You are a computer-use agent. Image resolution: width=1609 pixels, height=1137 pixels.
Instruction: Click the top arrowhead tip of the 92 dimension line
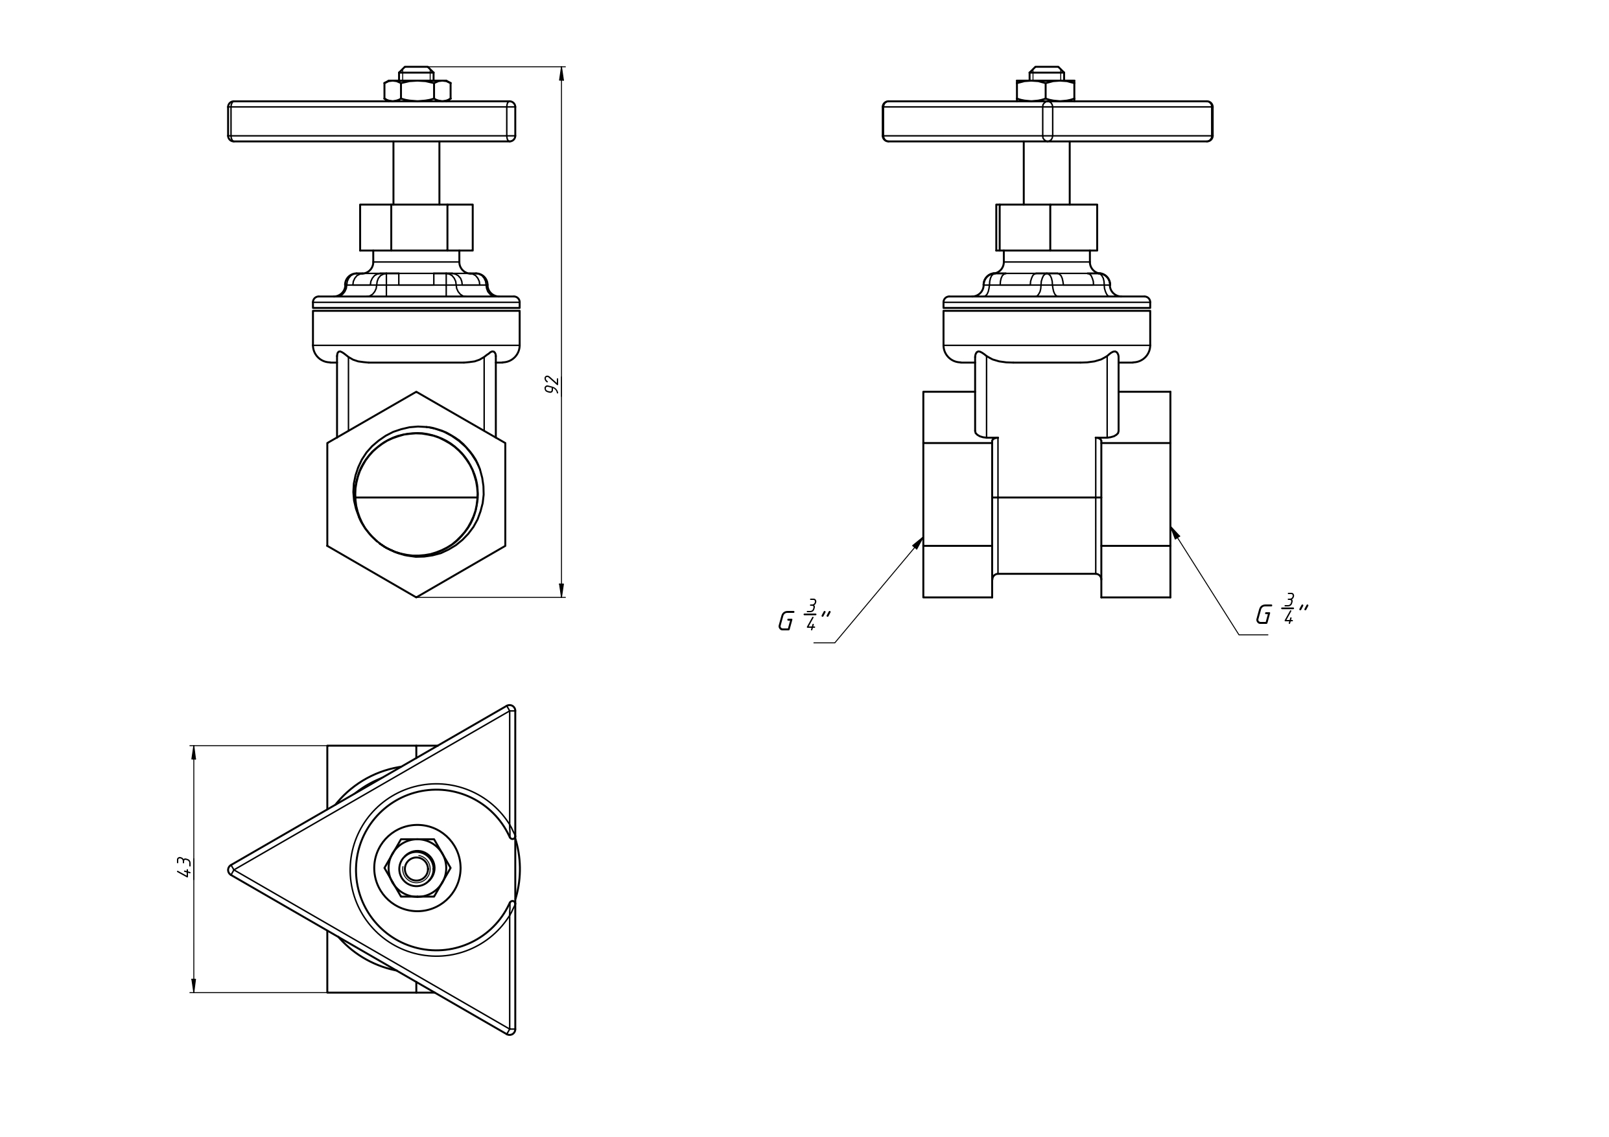click(x=561, y=67)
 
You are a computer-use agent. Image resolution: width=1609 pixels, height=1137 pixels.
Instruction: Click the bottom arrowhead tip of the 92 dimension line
click(x=561, y=597)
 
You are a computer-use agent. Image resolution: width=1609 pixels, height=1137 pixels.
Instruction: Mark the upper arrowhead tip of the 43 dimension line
click(x=193, y=746)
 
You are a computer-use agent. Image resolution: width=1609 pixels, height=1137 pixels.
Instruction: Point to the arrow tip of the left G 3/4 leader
click(x=923, y=537)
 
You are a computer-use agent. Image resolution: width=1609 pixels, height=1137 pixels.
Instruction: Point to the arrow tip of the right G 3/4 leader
click(x=1171, y=527)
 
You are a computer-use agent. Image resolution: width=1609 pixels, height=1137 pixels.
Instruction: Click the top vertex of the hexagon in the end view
click(x=416, y=391)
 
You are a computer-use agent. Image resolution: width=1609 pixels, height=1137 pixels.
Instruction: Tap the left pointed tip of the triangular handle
click(x=229, y=870)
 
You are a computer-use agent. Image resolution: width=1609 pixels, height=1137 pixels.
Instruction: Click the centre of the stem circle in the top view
click(x=416, y=869)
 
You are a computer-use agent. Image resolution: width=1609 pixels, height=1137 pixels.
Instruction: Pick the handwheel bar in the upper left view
click(x=371, y=121)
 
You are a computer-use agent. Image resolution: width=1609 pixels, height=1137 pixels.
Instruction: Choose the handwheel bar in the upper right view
click(x=1047, y=121)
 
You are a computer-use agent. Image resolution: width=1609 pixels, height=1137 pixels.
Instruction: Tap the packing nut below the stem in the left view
click(x=416, y=227)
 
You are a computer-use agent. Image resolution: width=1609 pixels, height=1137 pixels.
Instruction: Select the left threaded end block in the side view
click(x=957, y=494)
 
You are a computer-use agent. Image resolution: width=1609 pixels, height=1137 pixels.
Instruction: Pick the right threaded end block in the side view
click(x=1136, y=494)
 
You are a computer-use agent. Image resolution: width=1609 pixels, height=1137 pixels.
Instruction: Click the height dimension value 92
click(x=552, y=385)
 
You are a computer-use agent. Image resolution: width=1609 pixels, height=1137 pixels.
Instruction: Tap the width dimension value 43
click(x=184, y=867)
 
